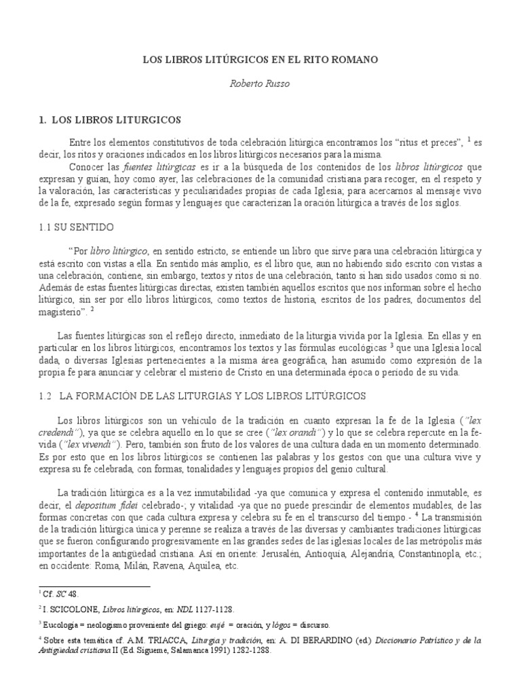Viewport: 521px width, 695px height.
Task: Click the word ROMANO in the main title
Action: tap(353, 60)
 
